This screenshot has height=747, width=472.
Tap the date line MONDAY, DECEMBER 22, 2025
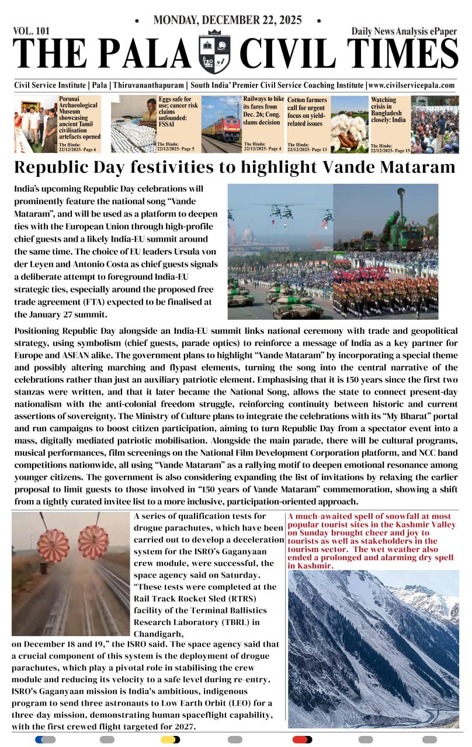point(227,20)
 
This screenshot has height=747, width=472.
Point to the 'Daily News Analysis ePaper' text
point(404,32)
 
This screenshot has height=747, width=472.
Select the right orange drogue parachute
point(93,542)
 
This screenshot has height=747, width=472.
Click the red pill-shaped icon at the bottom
point(302,739)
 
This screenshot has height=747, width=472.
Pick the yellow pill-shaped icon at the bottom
point(170,739)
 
